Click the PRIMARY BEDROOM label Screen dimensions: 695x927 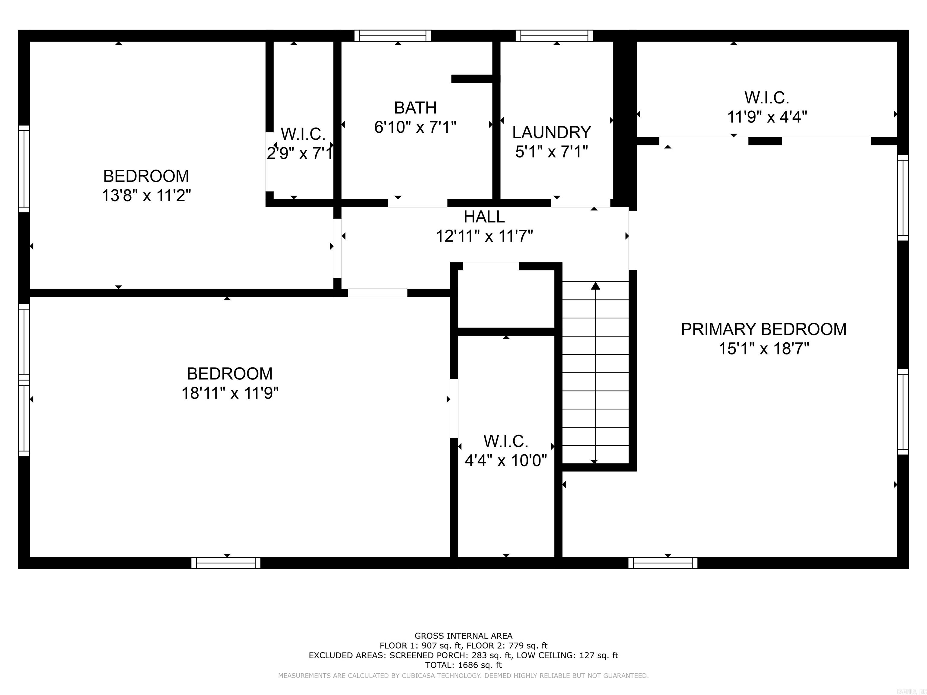click(763, 329)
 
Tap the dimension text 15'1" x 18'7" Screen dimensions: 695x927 click(763, 348)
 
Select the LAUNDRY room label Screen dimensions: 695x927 click(552, 132)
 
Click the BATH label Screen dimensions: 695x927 click(415, 108)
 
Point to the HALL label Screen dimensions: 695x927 click(484, 217)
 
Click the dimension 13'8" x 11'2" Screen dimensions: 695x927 click(146, 195)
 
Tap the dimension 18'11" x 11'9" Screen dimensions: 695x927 click(230, 393)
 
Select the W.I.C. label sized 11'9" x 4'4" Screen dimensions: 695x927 click(766, 98)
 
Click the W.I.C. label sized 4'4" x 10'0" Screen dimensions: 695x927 click(506, 441)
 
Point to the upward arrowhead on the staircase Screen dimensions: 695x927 click(595, 286)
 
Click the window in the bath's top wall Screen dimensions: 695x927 click(393, 36)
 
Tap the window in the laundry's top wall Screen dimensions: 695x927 click(554, 36)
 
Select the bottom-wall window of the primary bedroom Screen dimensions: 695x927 click(663, 563)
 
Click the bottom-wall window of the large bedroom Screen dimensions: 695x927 click(226, 563)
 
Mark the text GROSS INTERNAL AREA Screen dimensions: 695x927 click(463, 636)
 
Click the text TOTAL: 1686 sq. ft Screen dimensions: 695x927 click(463, 665)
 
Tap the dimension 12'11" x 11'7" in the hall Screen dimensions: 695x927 click(484, 236)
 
